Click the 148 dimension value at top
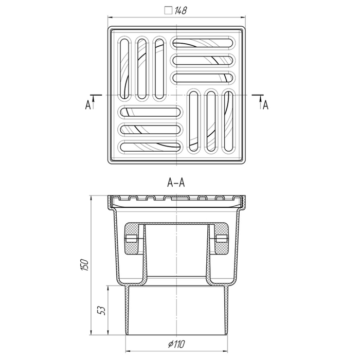pyautogui.click(x=181, y=11)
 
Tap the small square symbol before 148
pyautogui.click(x=168, y=11)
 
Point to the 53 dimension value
pyautogui.click(x=102, y=311)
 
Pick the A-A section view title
pyautogui.click(x=176, y=183)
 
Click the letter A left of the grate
pyautogui.click(x=88, y=105)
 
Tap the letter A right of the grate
pyautogui.click(x=265, y=105)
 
